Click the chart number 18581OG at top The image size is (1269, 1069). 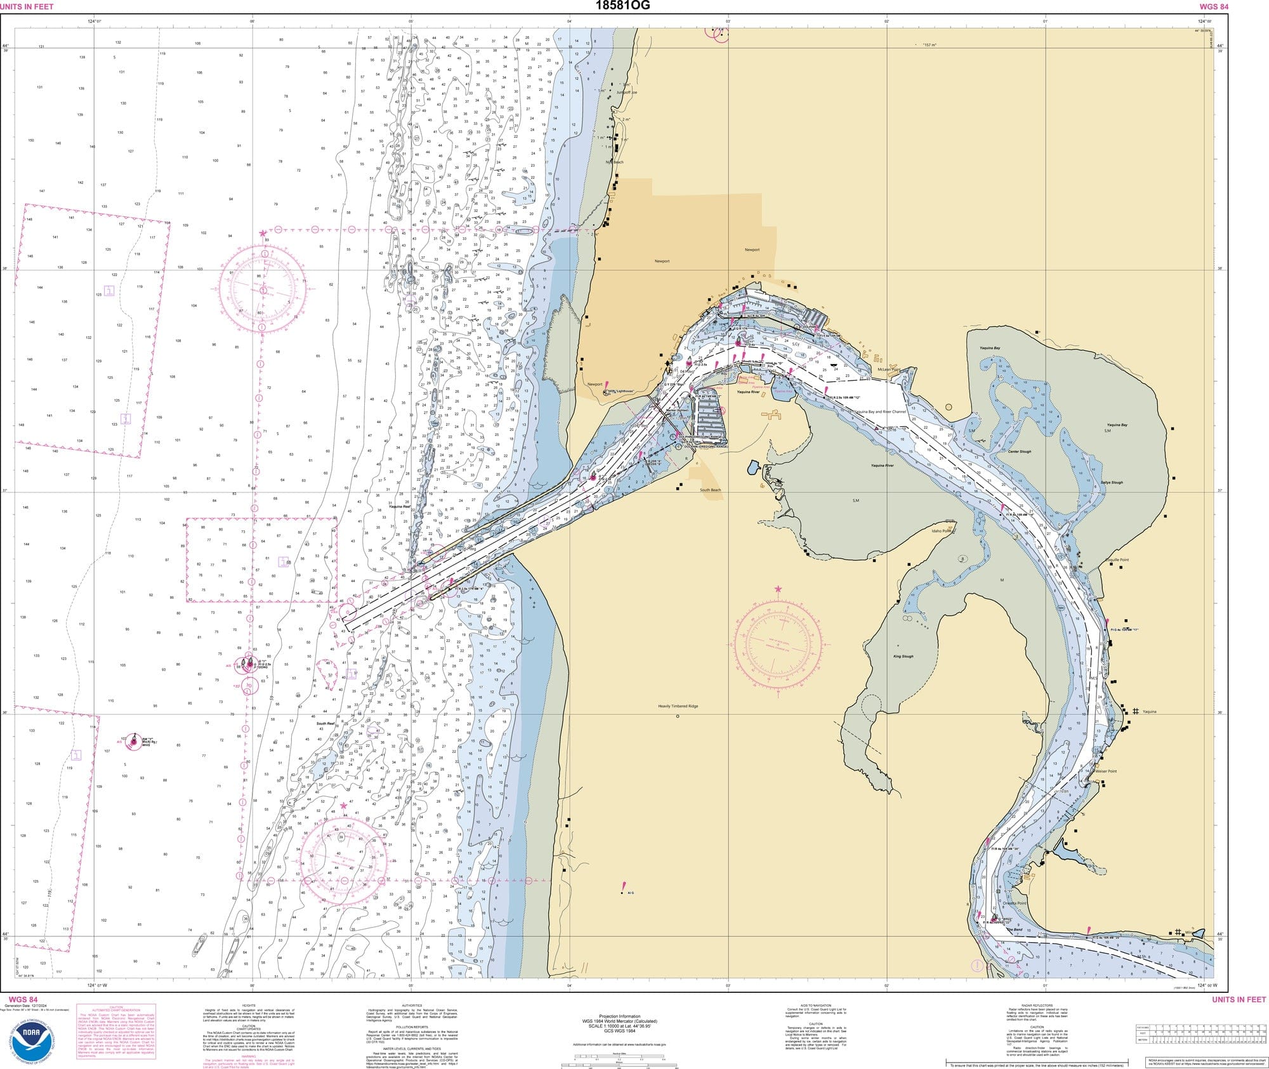[622, 6]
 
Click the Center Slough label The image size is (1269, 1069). [1020, 452]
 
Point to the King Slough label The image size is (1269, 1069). [903, 657]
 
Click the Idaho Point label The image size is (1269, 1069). [943, 531]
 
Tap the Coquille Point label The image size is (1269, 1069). [1117, 560]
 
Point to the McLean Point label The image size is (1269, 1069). [888, 369]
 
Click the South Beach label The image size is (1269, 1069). [710, 490]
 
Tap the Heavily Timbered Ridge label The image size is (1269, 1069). [678, 706]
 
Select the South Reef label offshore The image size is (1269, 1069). [325, 723]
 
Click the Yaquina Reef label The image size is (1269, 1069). [399, 507]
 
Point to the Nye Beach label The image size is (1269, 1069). [614, 162]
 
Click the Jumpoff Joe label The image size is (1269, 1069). [627, 93]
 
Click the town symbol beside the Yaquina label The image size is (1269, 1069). [1135, 711]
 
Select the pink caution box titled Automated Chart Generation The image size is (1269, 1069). [116, 1031]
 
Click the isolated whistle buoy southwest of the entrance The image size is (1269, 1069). [133, 740]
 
